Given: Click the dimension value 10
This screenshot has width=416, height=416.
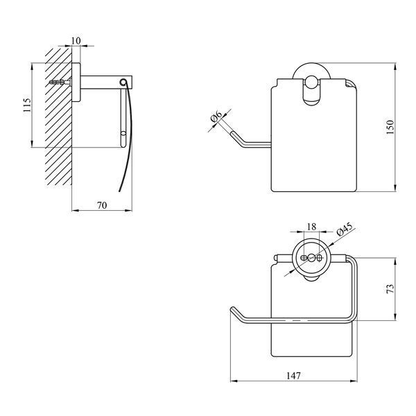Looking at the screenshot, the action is click(76, 41).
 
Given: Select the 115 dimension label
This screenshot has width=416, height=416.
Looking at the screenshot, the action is click(27, 105).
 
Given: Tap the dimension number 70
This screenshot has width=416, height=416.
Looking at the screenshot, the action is click(102, 205).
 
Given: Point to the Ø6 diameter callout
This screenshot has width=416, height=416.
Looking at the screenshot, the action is click(216, 116).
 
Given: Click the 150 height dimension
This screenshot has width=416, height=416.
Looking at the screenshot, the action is click(390, 127).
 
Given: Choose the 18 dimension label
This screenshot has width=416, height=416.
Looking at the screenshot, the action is click(311, 227).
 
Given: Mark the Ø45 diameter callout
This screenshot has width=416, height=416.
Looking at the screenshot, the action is click(345, 229).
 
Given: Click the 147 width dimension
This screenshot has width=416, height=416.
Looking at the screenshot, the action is click(293, 376).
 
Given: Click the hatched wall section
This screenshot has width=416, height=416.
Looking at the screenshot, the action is click(58, 116).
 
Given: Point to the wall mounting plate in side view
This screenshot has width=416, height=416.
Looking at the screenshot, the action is click(76, 83).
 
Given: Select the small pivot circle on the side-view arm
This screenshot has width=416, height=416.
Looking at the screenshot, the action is click(123, 82).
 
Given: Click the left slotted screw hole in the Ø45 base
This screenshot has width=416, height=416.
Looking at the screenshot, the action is click(304, 257).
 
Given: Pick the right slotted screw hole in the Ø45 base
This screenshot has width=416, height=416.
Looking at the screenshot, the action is click(320, 257).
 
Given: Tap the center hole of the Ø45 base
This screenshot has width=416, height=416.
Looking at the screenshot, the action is click(312, 257).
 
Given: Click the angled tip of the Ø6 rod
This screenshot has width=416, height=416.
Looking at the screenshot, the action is click(232, 132).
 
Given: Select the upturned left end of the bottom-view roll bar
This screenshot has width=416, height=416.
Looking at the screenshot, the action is click(234, 310).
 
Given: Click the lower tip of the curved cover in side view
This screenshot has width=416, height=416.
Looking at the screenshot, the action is click(120, 191).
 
